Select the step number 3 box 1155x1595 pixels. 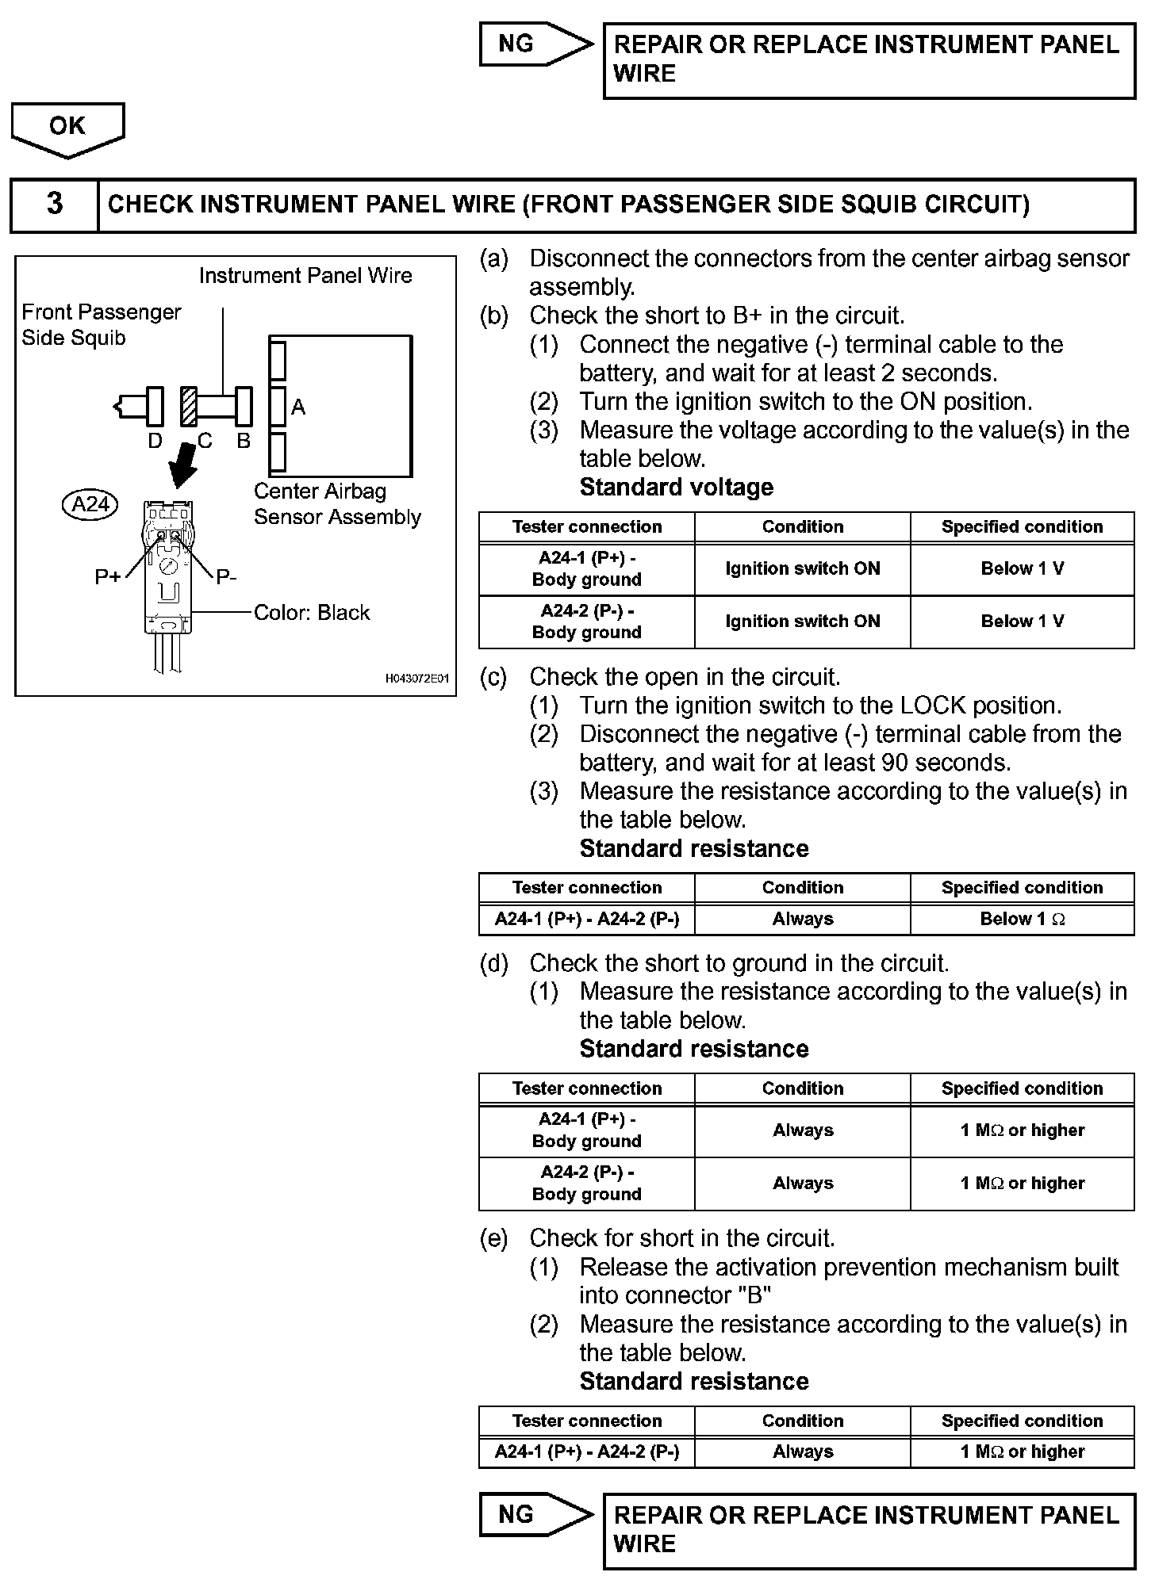click(54, 205)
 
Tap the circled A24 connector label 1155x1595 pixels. click(90, 504)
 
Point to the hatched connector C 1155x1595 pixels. click(189, 407)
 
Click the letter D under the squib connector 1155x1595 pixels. click(155, 441)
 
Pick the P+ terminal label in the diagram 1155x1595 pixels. click(108, 577)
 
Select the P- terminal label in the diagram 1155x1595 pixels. click(226, 577)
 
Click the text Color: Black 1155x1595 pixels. click(312, 613)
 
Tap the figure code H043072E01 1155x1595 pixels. click(417, 679)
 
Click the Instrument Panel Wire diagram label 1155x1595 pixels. click(305, 276)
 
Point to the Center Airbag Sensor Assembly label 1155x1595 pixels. click(337, 504)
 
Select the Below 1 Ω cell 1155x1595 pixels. click(1022, 920)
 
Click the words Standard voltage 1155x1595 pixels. click(676, 487)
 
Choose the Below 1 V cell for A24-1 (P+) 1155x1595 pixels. click(1022, 569)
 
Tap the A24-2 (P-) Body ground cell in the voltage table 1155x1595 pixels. click(587, 622)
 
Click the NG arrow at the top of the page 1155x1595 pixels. click(535, 44)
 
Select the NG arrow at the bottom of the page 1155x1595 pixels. click(535, 1514)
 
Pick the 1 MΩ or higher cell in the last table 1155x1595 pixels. click(1022, 1452)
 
